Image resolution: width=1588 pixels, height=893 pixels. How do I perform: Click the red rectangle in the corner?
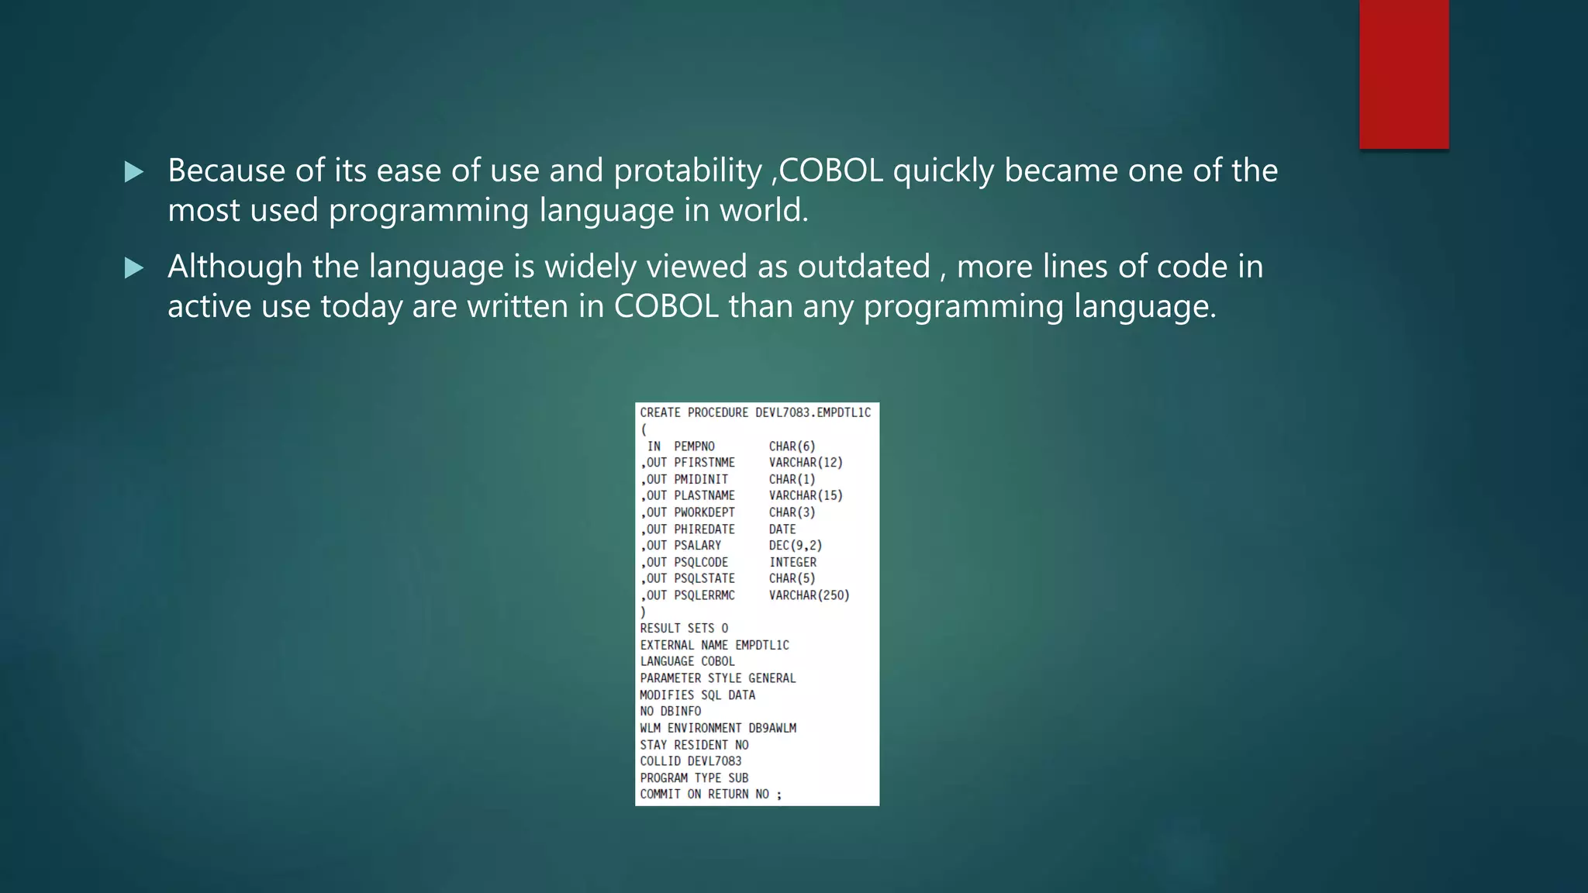pos(1403,74)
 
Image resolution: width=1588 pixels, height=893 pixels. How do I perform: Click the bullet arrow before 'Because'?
pos(134,172)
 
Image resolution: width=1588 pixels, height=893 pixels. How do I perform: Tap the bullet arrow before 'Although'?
pos(134,268)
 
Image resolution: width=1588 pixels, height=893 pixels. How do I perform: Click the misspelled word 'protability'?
pos(688,171)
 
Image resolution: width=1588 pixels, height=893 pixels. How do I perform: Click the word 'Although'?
pos(235,267)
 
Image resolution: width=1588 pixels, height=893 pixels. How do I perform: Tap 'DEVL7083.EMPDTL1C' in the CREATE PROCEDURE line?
pos(813,412)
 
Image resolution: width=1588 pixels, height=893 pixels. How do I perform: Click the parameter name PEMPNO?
pos(694,446)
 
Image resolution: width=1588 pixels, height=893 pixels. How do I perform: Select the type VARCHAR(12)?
pos(806,463)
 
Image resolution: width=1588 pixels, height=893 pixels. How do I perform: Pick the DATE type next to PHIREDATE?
pos(782,529)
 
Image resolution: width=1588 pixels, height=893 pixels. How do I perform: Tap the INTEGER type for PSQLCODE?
pos(792,562)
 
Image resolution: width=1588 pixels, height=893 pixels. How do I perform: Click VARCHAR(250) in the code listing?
pos(809,595)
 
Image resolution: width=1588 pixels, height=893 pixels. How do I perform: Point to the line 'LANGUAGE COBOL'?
pos(687,661)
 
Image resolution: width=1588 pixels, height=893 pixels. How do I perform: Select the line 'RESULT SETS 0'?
pos(684,628)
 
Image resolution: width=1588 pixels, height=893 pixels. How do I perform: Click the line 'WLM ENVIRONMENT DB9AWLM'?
pos(718,728)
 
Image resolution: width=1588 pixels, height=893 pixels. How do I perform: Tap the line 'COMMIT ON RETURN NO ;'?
pos(710,794)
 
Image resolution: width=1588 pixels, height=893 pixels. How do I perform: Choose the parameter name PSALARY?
pos(697,546)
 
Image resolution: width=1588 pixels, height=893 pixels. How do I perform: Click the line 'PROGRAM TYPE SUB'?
pos(694,777)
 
